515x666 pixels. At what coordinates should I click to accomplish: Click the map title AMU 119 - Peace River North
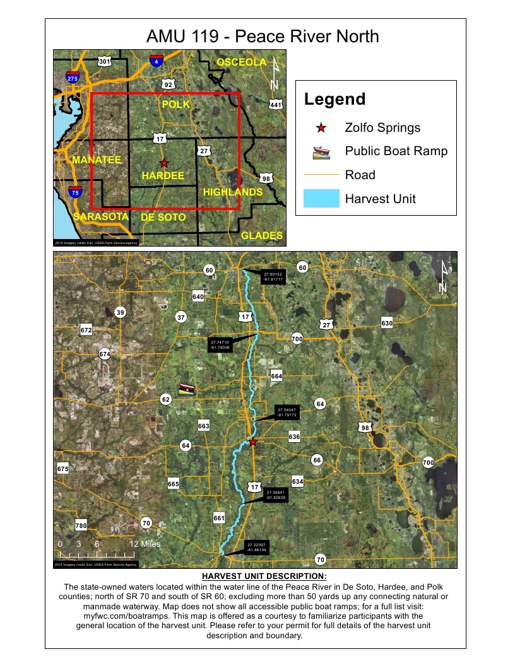pos(263,36)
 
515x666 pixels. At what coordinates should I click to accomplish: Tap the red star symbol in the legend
pos(321,127)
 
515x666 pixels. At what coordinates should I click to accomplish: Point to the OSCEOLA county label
pos(242,62)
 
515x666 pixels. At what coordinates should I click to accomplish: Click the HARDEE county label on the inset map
pos(163,175)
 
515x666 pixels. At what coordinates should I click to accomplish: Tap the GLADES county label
pos(261,236)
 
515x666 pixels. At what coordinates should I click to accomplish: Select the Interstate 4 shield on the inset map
pos(156,61)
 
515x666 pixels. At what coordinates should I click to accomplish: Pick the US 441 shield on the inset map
pos(276,104)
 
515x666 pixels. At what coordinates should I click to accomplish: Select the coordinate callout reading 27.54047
pos(287,412)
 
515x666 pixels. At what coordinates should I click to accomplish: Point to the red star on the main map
pos(253,442)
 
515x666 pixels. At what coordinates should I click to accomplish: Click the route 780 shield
pos(81,525)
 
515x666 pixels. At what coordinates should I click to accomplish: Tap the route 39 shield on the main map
pos(121,312)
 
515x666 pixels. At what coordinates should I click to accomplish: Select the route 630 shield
pos(387,323)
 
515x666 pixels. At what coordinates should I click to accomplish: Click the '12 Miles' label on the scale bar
pos(145,544)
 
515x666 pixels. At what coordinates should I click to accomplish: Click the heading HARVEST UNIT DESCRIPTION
pos(264,576)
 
